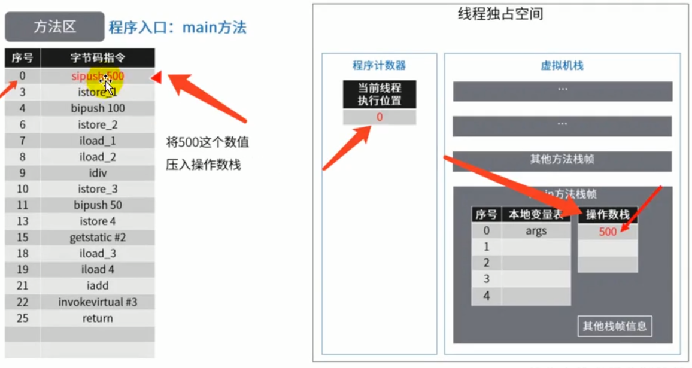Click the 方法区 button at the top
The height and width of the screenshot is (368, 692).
pos(54,27)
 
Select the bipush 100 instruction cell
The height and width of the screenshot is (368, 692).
pos(98,108)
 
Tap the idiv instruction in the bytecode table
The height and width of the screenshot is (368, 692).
pos(98,173)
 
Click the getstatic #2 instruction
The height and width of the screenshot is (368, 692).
pos(98,238)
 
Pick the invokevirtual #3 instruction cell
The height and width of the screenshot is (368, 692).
pos(98,302)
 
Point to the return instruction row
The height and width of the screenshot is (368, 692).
pos(98,318)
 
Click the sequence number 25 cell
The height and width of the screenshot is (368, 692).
pos(22,318)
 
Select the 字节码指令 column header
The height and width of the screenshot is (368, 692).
pos(98,58)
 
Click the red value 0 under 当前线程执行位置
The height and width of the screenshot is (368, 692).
pos(379,117)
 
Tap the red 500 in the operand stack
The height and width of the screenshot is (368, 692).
pos(608,232)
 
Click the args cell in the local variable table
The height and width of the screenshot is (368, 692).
pos(536,231)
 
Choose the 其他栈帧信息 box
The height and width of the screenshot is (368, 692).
pos(615,327)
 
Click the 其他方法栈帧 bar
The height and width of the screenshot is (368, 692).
pos(562,160)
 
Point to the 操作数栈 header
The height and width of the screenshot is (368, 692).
pos(608,215)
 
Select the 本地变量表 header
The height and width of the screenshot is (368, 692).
pos(536,215)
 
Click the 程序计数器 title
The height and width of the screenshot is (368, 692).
pos(379,66)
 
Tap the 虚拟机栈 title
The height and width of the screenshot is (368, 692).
pos(562,66)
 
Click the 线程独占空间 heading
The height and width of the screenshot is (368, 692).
pos(500,14)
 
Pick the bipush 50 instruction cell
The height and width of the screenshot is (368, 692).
pos(98,205)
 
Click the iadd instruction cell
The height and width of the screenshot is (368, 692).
pos(98,286)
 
